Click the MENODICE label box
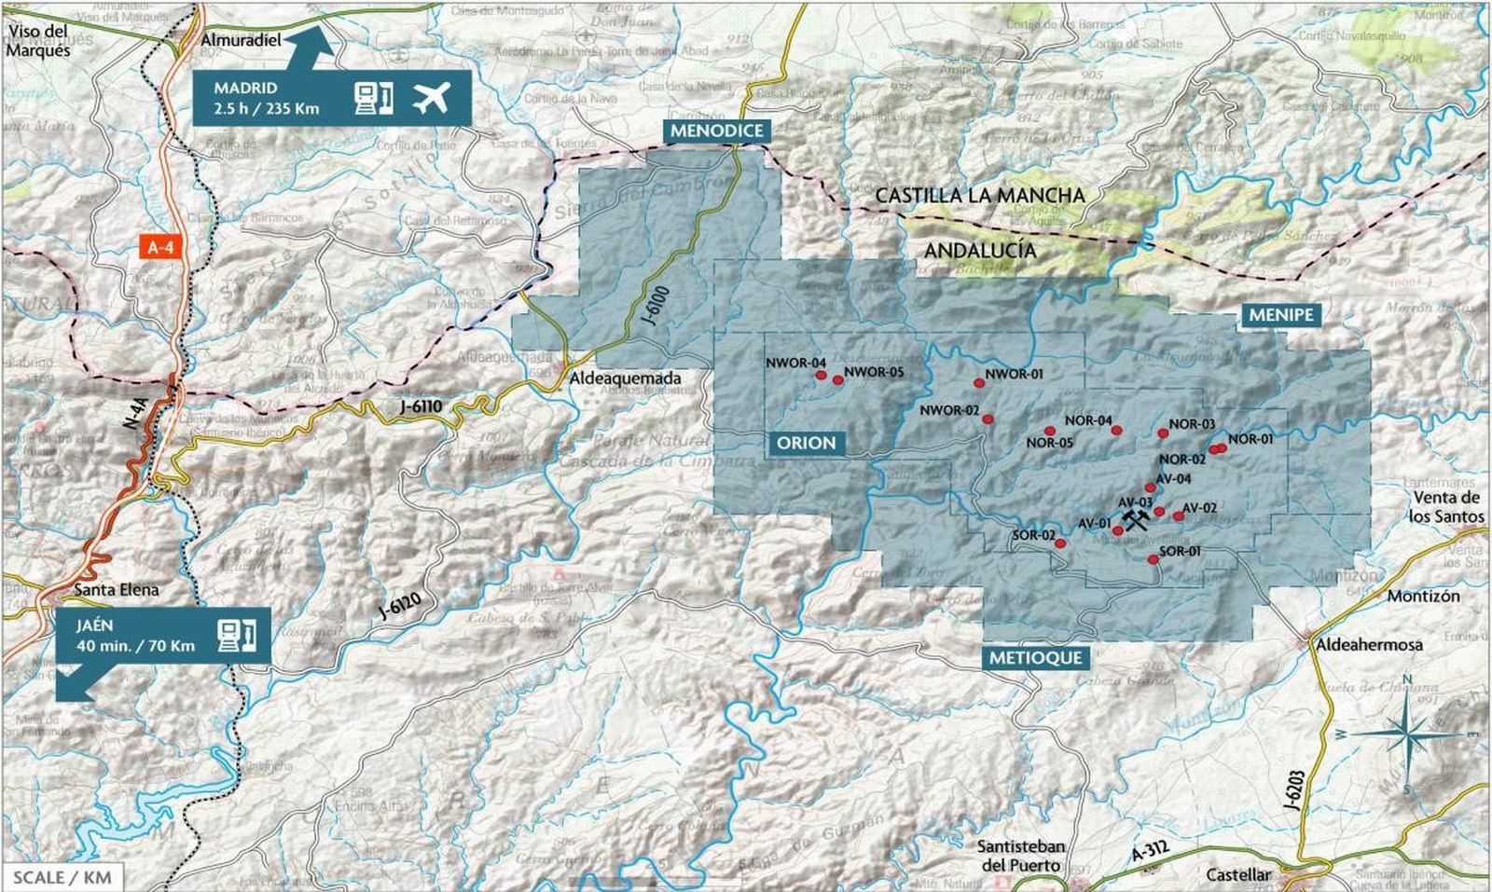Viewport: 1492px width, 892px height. [x=717, y=130]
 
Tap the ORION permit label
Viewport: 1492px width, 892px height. [x=807, y=443]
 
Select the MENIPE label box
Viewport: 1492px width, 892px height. [x=1281, y=315]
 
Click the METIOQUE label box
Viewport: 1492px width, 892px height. [x=1035, y=657]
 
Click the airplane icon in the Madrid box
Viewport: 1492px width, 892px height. [x=431, y=96]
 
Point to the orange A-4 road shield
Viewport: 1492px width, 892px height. [x=160, y=247]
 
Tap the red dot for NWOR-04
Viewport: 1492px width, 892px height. [x=822, y=376]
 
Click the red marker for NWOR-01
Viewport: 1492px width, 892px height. [x=979, y=383]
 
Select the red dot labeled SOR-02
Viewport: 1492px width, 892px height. [x=1060, y=543]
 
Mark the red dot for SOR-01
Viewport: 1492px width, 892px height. [x=1154, y=559]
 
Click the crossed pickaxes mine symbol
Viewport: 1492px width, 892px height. [x=1136, y=517]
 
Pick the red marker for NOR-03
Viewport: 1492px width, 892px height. [x=1163, y=432]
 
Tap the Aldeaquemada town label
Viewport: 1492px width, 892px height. [x=626, y=378]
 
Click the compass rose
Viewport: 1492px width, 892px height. [x=1409, y=735]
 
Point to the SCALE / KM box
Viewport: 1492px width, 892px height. [x=62, y=877]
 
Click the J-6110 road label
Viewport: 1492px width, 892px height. [x=421, y=407]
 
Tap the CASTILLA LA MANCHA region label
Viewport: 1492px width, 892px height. [x=980, y=196]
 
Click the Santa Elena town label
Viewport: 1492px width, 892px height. [x=117, y=589]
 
